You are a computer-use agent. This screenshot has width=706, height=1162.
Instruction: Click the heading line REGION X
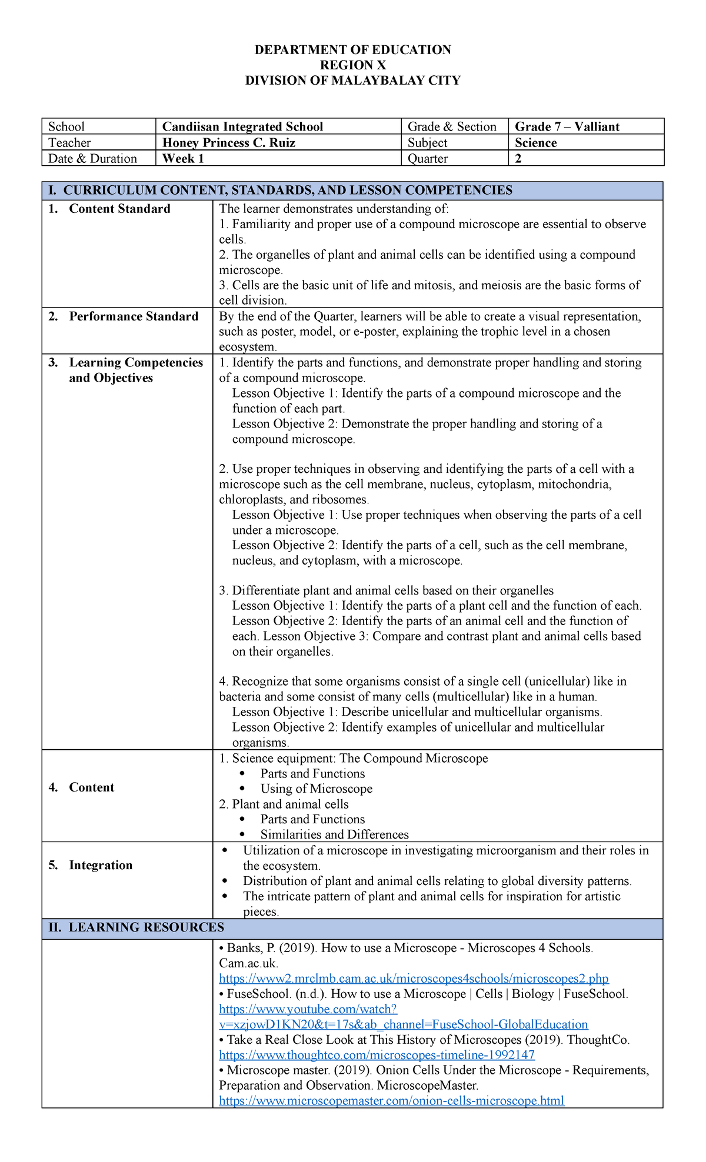coord(352,65)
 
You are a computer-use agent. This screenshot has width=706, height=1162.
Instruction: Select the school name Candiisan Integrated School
coord(242,126)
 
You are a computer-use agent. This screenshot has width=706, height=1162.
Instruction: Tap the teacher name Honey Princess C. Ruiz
coord(229,142)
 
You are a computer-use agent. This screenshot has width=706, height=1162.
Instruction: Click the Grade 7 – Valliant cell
coord(567,126)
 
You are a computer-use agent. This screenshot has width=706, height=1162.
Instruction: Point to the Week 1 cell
coord(183,158)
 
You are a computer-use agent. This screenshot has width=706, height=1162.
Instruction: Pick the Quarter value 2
coord(518,158)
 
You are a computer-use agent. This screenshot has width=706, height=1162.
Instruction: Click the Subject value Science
coord(535,142)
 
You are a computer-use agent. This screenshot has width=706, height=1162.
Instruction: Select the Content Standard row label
coord(119,209)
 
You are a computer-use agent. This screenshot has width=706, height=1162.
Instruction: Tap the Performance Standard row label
coord(134,316)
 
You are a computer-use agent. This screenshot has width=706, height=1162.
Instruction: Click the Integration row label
coord(101,865)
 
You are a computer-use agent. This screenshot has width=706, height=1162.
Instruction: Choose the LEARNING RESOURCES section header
coord(146,927)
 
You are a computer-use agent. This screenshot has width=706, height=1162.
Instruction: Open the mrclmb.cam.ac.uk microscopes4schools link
coord(414,979)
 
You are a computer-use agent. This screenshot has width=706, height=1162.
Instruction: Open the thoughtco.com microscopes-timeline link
coord(377,1055)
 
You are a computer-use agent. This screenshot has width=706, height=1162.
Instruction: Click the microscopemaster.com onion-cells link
coord(391,1101)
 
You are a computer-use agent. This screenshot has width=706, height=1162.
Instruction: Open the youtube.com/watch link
coord(308,1009)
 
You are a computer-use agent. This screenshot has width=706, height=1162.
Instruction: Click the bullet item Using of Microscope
coord(316,789)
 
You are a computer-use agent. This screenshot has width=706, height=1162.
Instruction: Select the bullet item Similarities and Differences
coord(334,834)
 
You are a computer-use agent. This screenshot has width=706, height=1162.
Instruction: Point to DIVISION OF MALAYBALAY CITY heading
coord(352,81)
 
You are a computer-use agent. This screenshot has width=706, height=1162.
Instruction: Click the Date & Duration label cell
coord(92,158)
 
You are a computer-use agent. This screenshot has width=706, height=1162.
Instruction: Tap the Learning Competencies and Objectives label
coord(135,370)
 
